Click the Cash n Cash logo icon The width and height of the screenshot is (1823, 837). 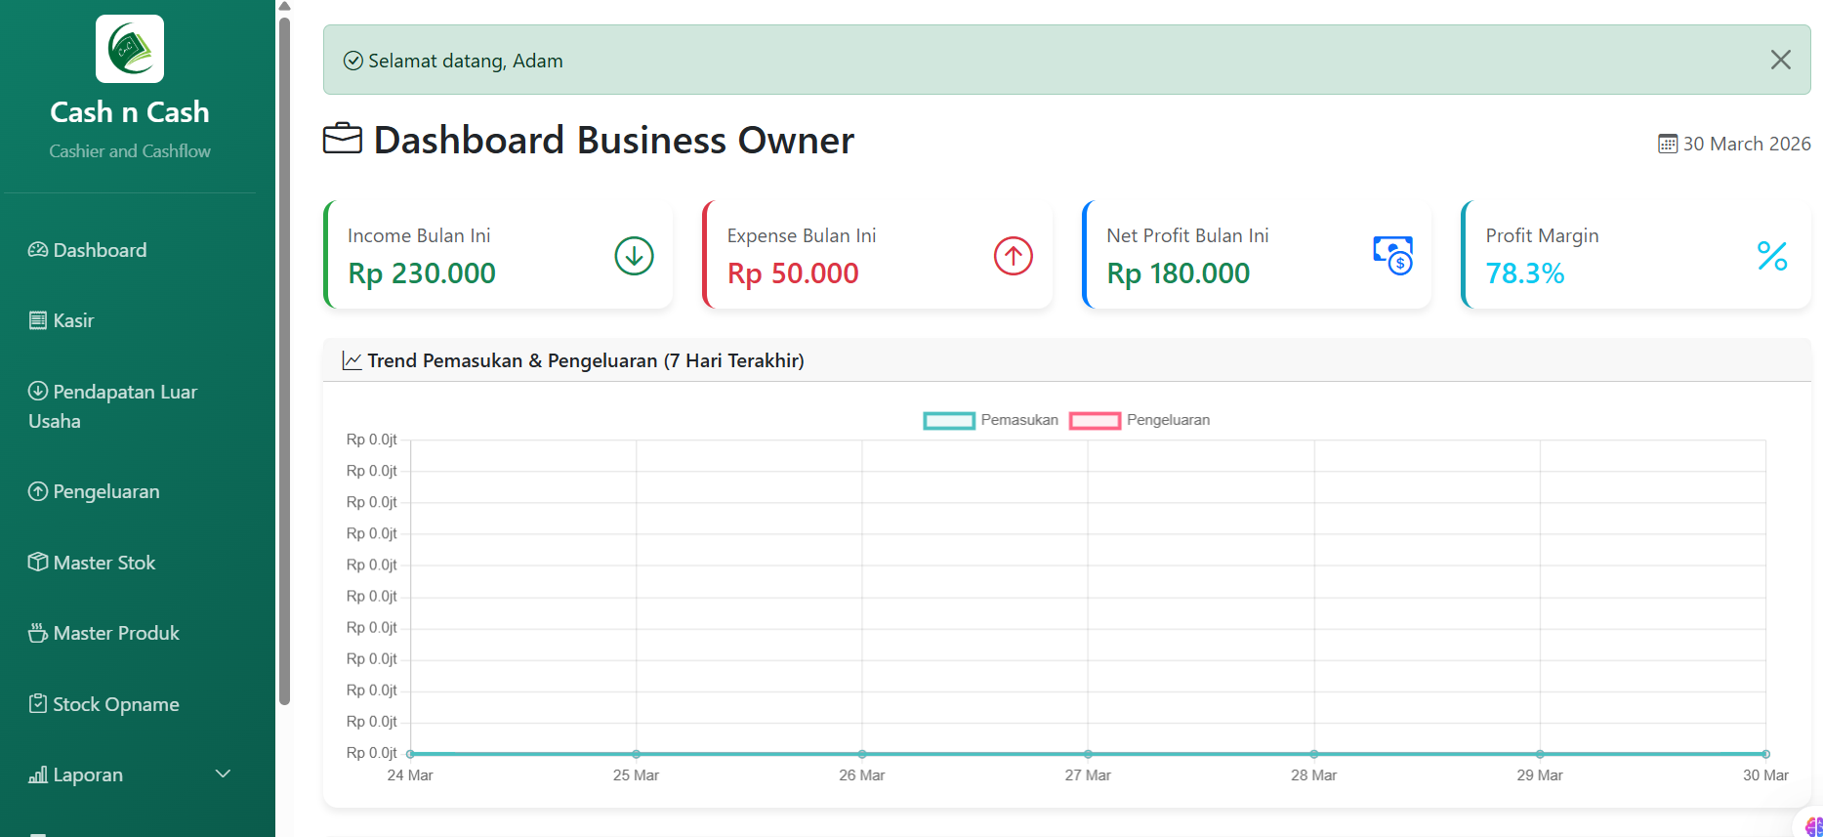click(130, 49)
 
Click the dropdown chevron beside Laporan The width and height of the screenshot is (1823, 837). click(223, 774)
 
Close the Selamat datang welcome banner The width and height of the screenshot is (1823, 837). click(1780, 60)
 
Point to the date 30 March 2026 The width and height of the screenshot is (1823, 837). click(1746, 144)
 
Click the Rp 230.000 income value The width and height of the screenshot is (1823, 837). click(422, 273)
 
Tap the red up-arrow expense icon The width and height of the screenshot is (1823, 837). click(1013, 256)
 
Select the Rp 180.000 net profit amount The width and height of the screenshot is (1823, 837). click(1178, 273)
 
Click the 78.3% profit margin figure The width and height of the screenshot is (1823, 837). click(1524, 273)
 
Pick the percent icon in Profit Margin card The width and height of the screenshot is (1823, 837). click(1771, 256)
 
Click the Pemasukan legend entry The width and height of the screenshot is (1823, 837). click(990, 420)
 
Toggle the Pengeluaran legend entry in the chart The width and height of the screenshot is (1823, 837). click(1139, 420)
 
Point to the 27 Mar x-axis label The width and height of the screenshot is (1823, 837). click(1088, 775)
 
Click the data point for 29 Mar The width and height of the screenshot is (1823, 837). click(1540, 754)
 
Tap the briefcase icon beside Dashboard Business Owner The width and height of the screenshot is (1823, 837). click(343, 139)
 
